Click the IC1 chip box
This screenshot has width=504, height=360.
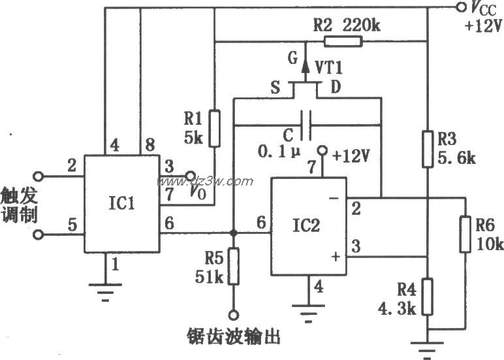(121, 205)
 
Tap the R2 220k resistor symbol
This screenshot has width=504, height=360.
(342, 42)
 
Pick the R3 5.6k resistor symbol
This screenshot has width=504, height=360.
(427, 149)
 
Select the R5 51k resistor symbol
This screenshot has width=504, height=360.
(234, 267)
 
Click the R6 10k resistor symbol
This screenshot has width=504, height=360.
(465, 235)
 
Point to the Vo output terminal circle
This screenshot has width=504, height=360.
(190, 176)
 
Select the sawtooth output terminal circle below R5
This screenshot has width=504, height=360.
(234, 314)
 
